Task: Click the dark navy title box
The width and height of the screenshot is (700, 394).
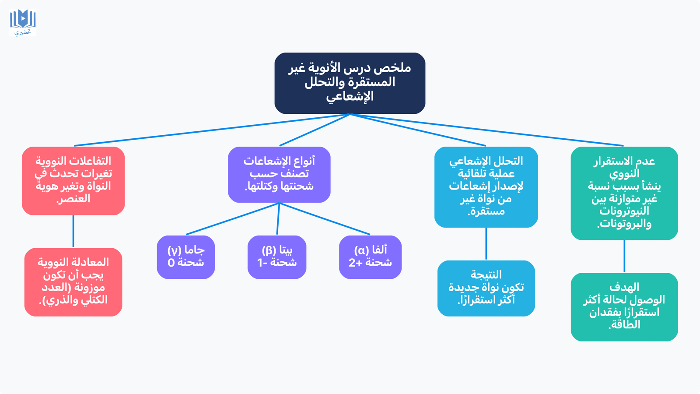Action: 350,83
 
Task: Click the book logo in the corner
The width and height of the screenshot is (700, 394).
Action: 23,22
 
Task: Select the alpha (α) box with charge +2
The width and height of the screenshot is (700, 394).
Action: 370,257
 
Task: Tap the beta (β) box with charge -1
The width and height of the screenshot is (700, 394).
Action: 277,257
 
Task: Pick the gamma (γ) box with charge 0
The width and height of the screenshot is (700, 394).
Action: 186,257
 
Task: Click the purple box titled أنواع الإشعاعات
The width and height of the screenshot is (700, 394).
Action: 279,174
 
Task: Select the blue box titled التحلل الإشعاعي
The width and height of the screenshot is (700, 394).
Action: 486,187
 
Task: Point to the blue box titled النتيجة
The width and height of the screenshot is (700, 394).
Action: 486,288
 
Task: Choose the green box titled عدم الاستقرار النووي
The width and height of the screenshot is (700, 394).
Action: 624,193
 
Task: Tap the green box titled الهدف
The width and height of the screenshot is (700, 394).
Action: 624,307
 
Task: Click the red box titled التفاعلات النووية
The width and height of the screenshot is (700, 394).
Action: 73,180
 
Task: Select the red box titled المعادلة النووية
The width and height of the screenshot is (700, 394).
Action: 73,282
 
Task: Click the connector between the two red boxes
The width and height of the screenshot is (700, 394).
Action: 73,232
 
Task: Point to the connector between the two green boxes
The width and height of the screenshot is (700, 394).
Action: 624,256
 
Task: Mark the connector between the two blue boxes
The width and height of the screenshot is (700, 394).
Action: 486,244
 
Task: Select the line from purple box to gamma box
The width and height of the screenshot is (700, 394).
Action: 232,219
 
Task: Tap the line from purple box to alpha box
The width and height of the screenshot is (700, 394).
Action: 325,219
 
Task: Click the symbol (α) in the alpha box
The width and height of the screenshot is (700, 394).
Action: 361,250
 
